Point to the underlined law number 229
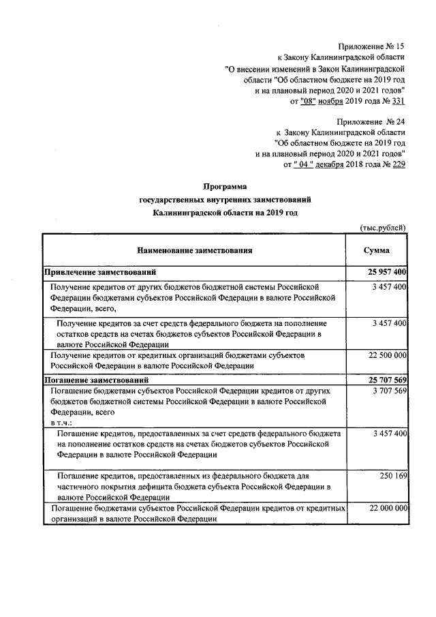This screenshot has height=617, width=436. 395,164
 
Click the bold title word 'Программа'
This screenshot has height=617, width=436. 225,186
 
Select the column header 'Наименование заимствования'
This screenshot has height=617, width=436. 193,250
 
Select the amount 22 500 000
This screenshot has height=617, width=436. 387,355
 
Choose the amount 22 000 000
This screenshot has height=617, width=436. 387,509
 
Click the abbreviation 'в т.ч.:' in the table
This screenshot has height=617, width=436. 60,423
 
